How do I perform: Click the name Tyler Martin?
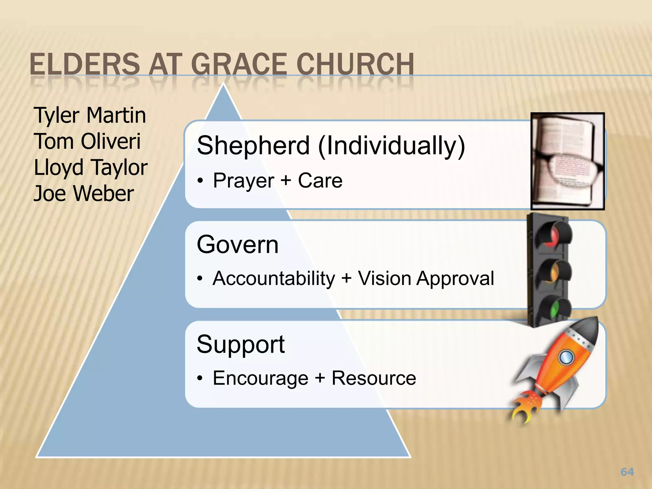(x=90, y=115)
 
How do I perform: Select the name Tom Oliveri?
(x=87, y=141)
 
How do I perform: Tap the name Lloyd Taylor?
(x=90, y=168)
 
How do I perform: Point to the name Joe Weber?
(x=84, y=194)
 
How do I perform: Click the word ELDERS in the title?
(x=85, y=64)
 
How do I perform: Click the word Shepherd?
(x=253, y=145)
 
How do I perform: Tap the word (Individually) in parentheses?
(x=392, y=145)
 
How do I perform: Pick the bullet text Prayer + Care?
(x=278, y=181)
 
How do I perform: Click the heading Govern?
(x=237, y=244)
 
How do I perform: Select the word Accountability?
(x=274, y=279)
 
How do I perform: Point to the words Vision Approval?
(x=426, y=279)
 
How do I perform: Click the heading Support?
(x=241, y=344)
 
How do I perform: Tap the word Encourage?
(x=260, y=378)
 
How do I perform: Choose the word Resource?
(x=374, y=378)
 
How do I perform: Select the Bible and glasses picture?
(x=567, y=161)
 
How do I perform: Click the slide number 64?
(x=627, y=472)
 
